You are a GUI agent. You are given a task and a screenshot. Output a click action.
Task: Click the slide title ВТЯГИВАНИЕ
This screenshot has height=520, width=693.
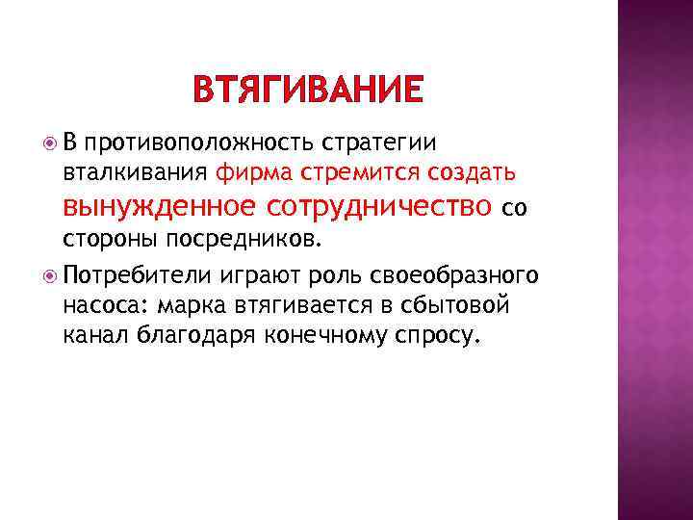coord(307,90)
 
